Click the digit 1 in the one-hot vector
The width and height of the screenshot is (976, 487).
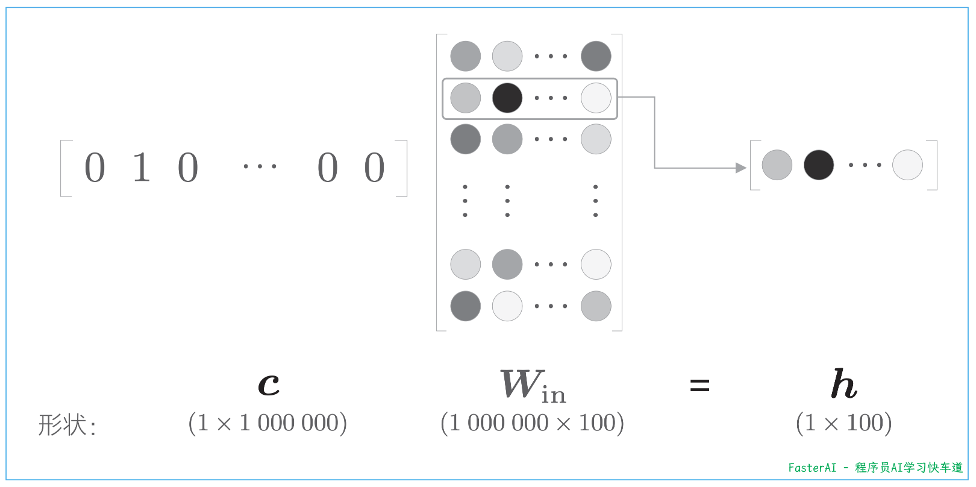click(141, 167)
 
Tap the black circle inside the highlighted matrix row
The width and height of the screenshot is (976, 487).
click(507, 98)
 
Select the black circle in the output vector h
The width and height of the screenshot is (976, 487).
click(819, 165)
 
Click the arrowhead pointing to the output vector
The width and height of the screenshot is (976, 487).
click(741, 168)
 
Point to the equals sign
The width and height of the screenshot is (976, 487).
click(699, 385)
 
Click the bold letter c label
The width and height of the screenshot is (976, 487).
click(269, 384)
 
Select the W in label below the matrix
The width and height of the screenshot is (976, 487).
click(533, 386)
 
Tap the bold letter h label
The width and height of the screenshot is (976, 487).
click(843, 384)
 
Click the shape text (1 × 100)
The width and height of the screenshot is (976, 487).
click(843, 423)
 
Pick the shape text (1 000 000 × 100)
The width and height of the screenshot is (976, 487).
click(532, 423)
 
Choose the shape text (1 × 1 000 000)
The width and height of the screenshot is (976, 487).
click(267, 423)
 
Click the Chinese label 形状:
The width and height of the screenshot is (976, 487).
click(67, 425)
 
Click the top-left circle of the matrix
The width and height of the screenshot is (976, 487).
click(466, 57)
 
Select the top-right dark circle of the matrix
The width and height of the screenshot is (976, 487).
click(596, 57)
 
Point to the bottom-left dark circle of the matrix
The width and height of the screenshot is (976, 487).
click(466, 306)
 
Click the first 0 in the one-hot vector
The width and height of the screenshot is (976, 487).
click(95, 167)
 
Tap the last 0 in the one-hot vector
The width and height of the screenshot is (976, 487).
click(374, 167)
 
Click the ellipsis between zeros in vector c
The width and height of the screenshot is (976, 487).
click(260, 166)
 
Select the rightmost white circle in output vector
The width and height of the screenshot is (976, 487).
click(907, 165)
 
